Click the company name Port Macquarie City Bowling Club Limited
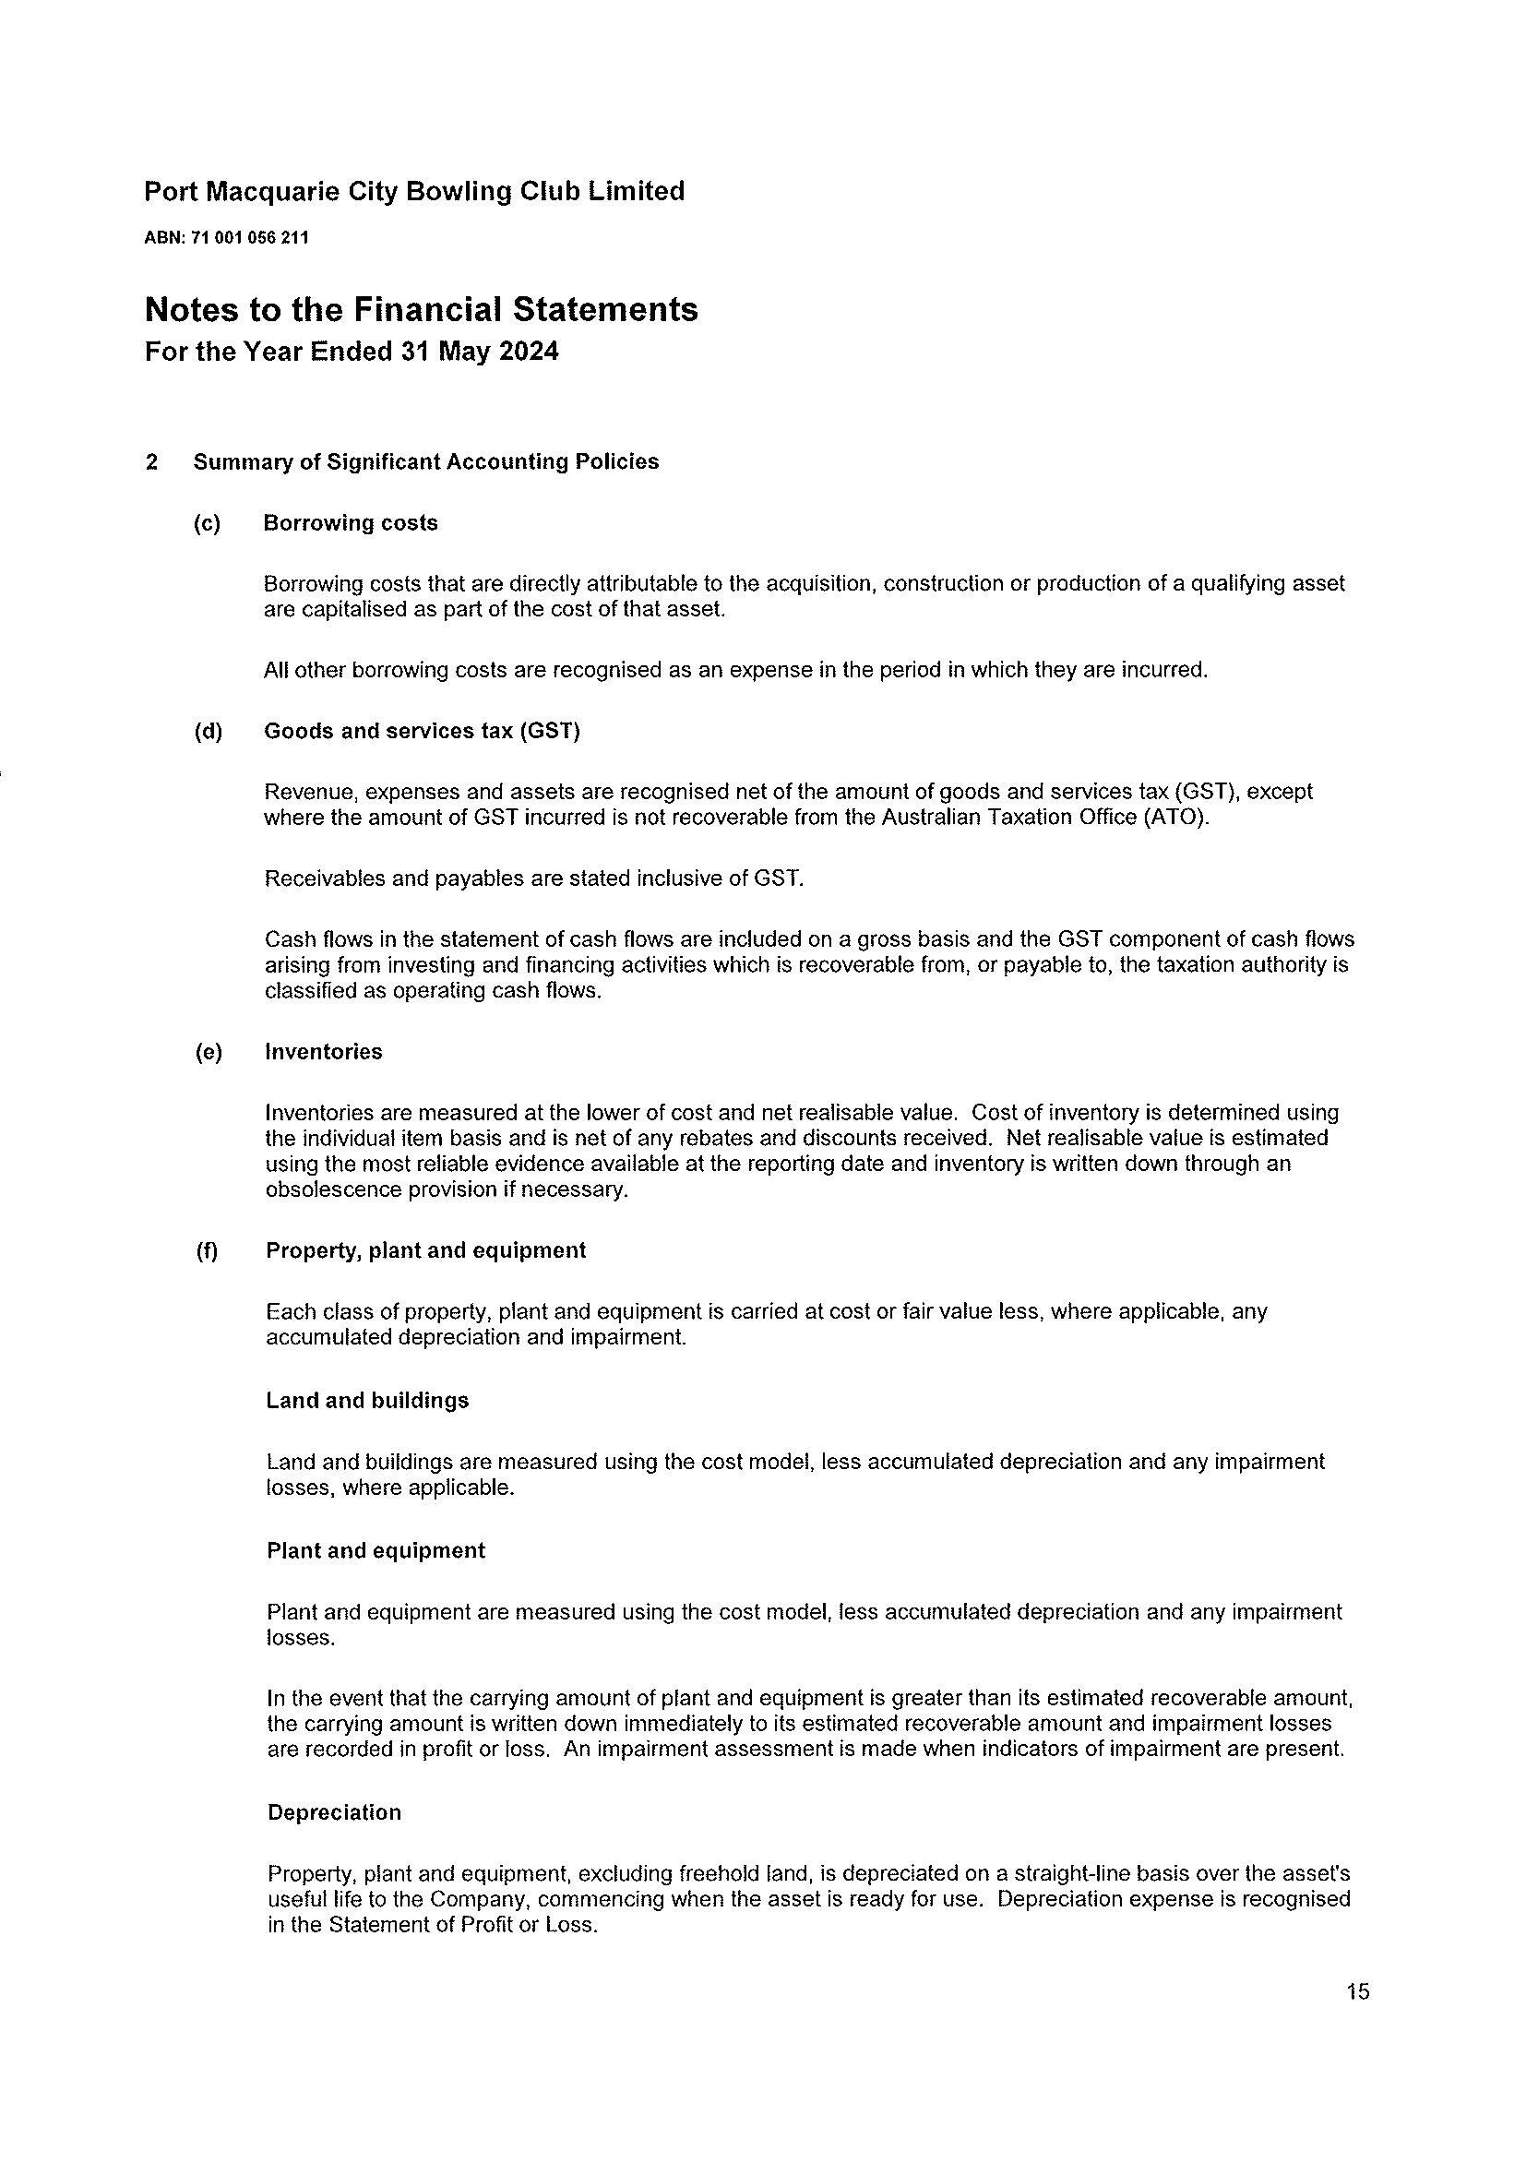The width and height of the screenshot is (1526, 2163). pyautogui.click(x=413, y=191)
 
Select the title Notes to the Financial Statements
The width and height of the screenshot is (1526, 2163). pyautogui.click(x=421, y=309)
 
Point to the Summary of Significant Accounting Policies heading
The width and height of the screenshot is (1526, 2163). pyautogui.click(x=425, y=461)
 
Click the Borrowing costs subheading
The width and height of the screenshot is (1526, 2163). pyautogui.click(x=351, y=523)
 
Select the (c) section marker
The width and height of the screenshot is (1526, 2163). pyautogui.click(x=207, y=524)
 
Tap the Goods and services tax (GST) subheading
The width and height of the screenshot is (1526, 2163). pyautogui.click(x=422, y=731)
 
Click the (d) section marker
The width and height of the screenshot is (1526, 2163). pyautogui.click(x=208, y=732)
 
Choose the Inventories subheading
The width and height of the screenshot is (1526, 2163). pyautogui.click(x=324, y=1051)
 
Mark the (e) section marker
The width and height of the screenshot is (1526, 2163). pyautogui.click(x=208, y=1052)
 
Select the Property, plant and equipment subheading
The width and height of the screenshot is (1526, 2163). pyautogui.click(x=425, y=1250)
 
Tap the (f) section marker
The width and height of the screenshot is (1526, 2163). pyautogui.click(x=207, y=1251)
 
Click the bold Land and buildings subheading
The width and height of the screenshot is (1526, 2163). pyautogui.click(x=367, y=1400)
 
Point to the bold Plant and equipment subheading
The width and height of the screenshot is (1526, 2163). pyautogui.click(x=376, y=1549)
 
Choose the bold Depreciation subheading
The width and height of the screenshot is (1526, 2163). pyautogui.click(x=334, y=1812)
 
